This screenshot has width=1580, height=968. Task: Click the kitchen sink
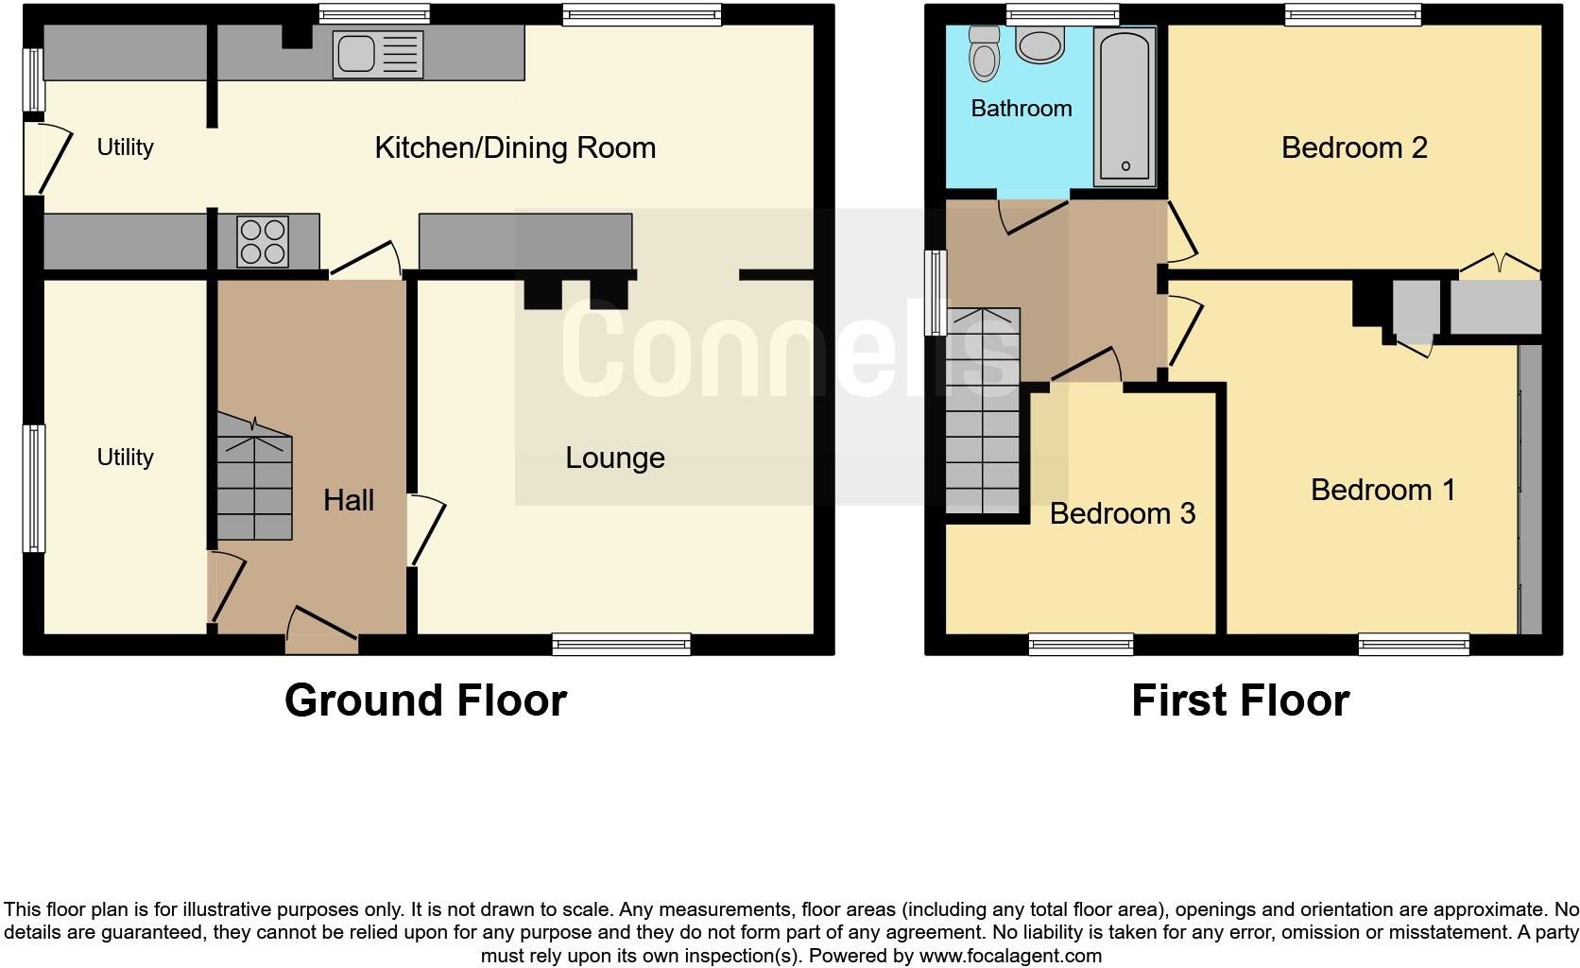(377, 54)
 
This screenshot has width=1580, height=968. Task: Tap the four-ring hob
(263, 242)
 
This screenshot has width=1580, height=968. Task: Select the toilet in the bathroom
(984, 54)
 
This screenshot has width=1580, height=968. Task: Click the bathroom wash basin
(1039, 44)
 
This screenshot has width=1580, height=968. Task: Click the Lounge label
(615, 458)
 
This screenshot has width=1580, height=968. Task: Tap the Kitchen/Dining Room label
(515, 147)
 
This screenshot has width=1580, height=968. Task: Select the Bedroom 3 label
(1122, 513)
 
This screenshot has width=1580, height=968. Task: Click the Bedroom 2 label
(1353, 147)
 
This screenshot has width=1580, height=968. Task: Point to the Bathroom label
(1021, 108)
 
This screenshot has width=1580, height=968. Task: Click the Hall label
(349, 500)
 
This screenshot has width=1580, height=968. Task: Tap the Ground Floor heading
(425, 700)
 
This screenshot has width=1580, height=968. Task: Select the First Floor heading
(1240, 700)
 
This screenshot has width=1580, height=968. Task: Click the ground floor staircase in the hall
(253, 487)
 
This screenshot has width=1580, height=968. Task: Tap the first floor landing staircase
(983, 411)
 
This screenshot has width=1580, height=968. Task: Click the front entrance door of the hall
(322, 634)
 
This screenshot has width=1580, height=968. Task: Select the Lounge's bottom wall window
(621, 645)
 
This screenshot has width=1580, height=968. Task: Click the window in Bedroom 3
(1081, 645)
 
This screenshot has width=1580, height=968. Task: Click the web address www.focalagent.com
(1009, 956)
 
